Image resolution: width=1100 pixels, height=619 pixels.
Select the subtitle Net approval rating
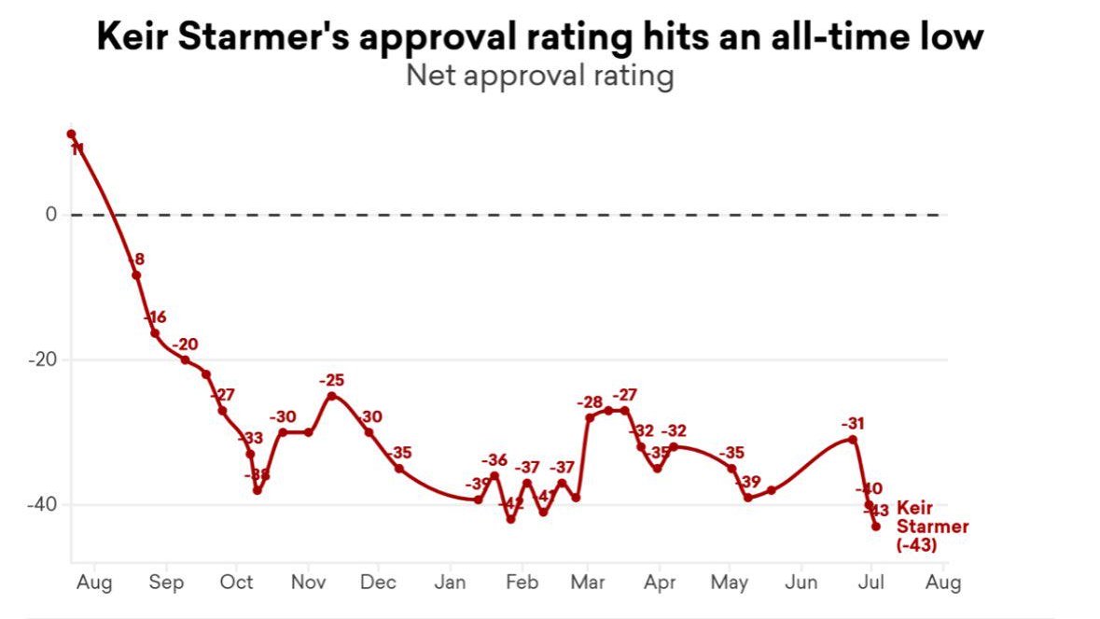(539, 76)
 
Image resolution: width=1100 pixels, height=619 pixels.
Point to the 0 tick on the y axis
(52, 215)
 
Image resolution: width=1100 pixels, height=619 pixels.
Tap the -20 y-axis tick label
(44, 360)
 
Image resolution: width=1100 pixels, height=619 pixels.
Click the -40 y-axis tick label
(44, 505)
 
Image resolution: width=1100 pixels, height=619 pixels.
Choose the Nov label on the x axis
(308, 583)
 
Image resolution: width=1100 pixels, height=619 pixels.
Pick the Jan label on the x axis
(450, 583)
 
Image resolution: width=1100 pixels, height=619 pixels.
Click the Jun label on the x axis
(801, 583)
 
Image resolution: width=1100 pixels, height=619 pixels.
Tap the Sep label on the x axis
(166, 583)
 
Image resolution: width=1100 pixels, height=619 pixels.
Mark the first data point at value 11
(71, 134)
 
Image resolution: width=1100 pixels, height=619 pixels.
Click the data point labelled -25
(331, 396)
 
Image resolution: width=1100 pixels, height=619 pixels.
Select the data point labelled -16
(155, 333)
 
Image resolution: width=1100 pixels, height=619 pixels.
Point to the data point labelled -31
(853, 439)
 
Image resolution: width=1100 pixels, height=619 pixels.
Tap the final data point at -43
(876, 526)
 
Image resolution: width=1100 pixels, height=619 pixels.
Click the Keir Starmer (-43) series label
(931, 527)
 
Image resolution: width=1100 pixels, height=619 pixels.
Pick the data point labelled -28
(590, 417)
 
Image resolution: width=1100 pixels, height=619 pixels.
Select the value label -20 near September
(187, 344)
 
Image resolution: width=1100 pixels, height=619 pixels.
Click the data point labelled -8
(136, 274)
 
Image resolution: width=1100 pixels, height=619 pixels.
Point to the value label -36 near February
(494, 460)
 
